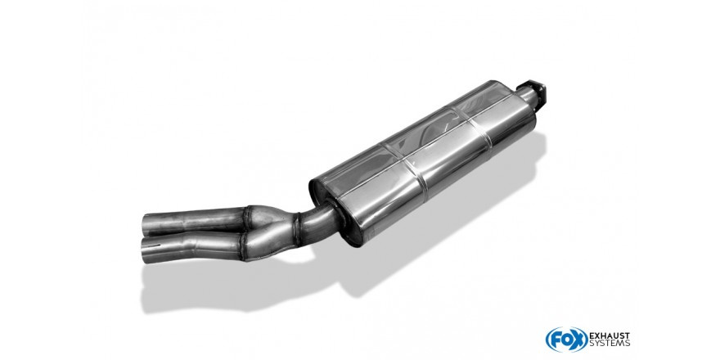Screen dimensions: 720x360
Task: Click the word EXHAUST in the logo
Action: pos(610,336)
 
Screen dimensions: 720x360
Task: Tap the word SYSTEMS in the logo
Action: pos(610,344)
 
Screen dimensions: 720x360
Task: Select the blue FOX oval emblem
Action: pos(567,340)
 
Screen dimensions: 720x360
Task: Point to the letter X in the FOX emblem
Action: pos(580,340)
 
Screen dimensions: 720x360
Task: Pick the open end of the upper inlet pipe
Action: pos(146,224)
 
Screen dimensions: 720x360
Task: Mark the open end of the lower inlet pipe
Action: pos(146,251)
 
